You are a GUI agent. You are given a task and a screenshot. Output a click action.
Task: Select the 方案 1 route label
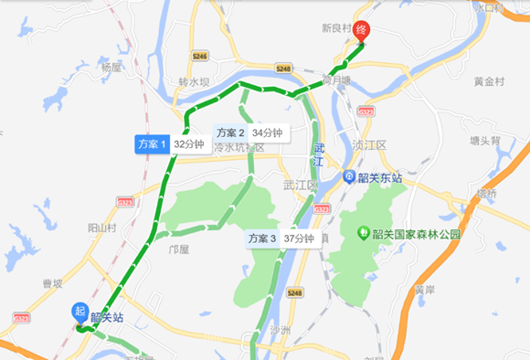pos(152,143)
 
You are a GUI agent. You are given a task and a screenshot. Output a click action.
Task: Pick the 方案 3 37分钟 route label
pos(281,238)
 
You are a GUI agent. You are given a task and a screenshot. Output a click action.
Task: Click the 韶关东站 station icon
pos(349,177)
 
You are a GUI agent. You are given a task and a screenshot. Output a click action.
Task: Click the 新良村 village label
pos(336,28)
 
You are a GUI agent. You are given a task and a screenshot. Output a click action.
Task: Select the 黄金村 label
pos(489,82)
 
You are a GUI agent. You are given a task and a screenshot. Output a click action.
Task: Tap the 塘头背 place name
pos(483,141)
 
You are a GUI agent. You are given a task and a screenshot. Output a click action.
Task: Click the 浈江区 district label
pos(370,144)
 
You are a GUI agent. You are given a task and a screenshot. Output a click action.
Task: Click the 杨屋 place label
pos(111,68)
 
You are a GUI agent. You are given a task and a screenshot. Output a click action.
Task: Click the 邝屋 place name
pos(179,248)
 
